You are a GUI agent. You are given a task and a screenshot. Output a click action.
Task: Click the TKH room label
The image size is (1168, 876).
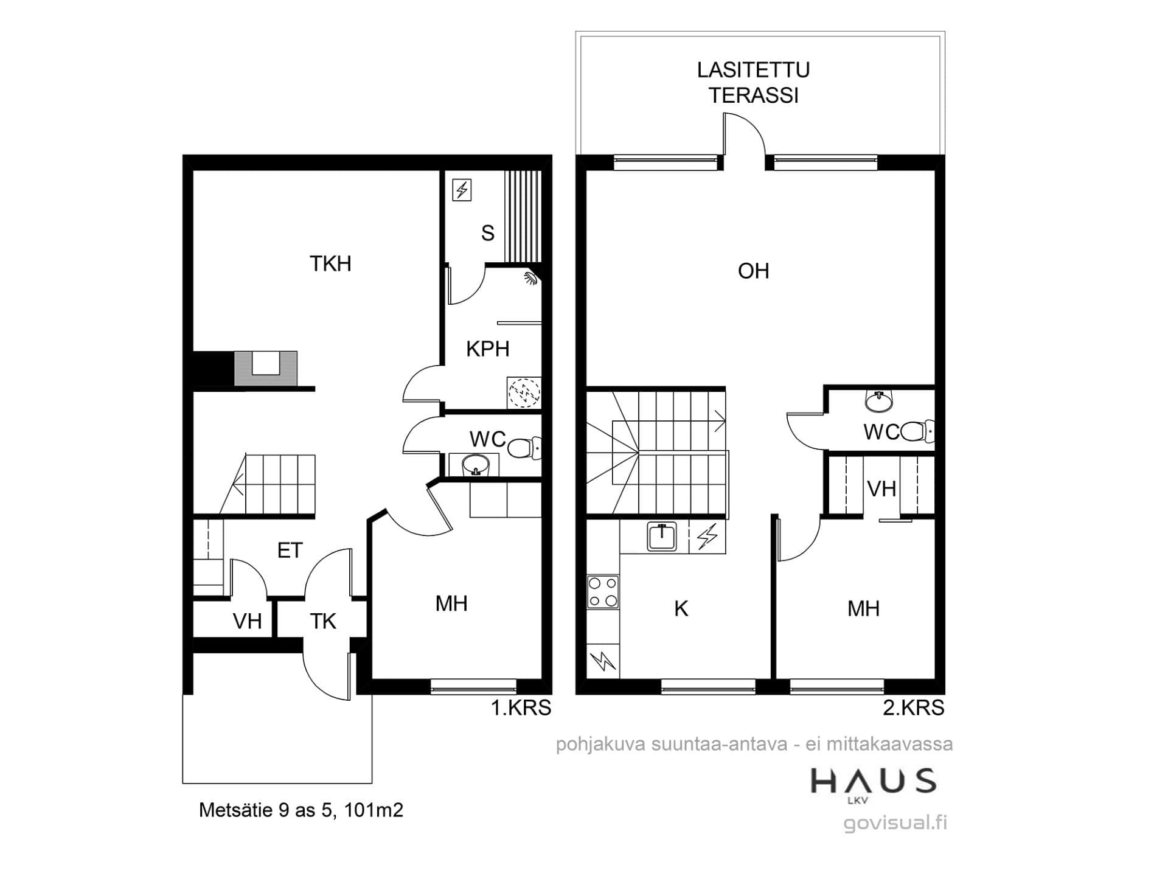coord(330,263)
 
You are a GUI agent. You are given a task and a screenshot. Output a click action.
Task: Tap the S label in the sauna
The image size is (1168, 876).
coord(487,233)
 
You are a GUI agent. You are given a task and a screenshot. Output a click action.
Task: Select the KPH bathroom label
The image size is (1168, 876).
coord(487,349)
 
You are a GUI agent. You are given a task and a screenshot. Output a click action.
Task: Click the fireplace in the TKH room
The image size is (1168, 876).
coord(266,368)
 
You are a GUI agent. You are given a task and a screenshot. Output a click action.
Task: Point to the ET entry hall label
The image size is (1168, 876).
coord(290,551)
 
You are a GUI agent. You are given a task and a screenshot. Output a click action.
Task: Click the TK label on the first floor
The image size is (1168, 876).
coord(323,621)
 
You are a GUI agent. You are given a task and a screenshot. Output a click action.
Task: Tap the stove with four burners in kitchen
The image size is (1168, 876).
coord(603,592)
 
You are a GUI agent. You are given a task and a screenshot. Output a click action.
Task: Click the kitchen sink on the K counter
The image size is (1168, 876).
coord(662,537)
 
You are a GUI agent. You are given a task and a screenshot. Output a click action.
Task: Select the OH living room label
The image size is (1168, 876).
coord(753,271)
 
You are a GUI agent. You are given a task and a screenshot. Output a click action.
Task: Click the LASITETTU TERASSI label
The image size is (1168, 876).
coord(753,83)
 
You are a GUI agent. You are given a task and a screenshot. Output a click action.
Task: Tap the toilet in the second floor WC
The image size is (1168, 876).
coord(917,431)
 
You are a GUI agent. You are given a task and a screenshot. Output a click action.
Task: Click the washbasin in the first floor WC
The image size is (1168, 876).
coord(475,466)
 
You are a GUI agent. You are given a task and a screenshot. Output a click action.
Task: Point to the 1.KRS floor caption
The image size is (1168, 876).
coord(521,707)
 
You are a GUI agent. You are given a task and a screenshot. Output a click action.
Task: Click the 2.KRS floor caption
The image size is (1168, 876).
coord(913,707)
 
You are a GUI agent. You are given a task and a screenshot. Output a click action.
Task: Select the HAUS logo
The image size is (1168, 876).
coord(873,784)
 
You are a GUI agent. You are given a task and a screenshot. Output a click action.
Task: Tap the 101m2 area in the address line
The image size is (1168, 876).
coord(374,810)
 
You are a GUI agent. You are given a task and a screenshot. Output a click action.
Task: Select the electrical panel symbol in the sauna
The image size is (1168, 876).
coord(462,190)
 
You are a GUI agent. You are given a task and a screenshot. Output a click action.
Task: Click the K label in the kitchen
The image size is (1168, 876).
coord(681,608)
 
